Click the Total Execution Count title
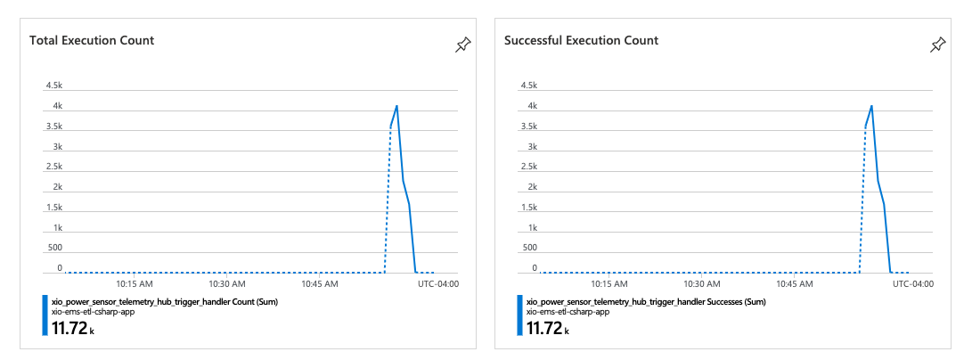pyautogui.click(x=92, y=40)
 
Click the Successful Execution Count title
pyautogui.click(x=581, y=40)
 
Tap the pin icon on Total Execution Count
pyautogui.click(x=462, y=45)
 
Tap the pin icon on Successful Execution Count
pyautogui.click(x=937, y=45)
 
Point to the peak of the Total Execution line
pyautogui.click(x=396, y=106)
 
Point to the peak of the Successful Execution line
pyautogui.click(x=871, y=106)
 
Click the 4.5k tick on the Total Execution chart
pyautogui.click(x=53, y=86)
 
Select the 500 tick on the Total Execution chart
pyautogui.click(x=53, y=247)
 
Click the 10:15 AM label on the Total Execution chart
pyautogui.click(x=135, y=284)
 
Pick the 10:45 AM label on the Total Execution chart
pyautogui.click(x=320, y=284)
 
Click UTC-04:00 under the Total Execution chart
pyautogui.click(x=438, y=284)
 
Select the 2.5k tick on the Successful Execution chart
pyautogui.click(x=528, y=167)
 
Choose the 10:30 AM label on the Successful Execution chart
pyautogui.click(x=702, y=284)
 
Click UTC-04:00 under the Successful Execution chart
pyautogui.click(x=913, y=284)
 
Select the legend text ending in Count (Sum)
pyautogui.click(x=165, y=302)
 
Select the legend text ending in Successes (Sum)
pyautogui.click(x=646, y=302)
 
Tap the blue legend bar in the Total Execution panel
pyautogui.click(x=45, y=315)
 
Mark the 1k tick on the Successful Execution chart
pyautogui.click(x=531, y=227)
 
